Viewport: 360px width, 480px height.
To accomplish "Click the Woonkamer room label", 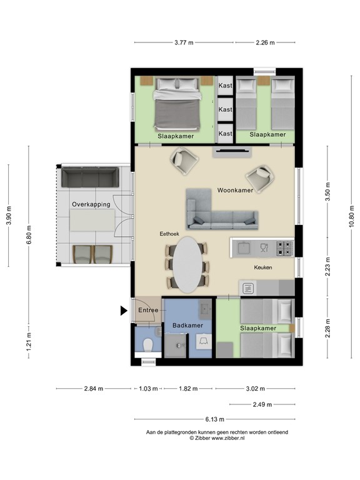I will point(235,190).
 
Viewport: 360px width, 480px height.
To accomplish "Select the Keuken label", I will point(262,267).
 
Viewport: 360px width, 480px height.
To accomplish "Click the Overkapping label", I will point(91,204).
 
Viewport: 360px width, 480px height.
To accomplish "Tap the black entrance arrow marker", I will point(123,309).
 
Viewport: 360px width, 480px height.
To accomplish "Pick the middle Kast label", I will point(225,109).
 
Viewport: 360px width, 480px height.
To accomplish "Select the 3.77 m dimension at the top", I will point(183,42).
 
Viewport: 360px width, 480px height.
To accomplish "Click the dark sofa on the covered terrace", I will point(91,177).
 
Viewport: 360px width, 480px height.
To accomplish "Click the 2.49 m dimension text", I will point(261,404).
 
